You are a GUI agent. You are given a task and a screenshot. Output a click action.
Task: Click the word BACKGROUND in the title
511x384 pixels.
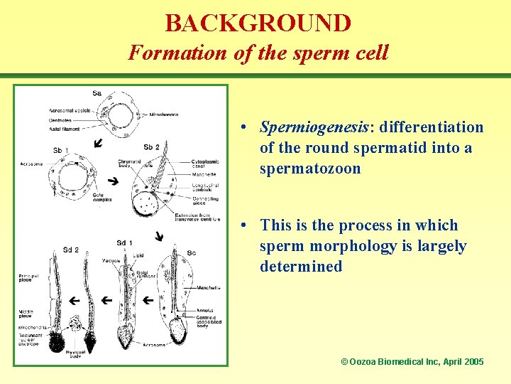click(258, 23)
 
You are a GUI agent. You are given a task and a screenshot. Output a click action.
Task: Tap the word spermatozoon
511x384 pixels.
click(310, 169)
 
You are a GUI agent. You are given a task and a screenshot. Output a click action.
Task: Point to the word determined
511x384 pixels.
click(301, 267)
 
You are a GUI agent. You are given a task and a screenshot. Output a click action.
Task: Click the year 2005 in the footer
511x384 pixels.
click(473, 362)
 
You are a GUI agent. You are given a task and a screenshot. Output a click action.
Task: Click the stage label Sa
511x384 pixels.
click(97, 93)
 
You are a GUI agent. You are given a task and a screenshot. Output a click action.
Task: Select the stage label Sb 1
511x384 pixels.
click(61, 150)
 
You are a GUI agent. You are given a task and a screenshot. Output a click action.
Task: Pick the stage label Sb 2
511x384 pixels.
click(151, 147)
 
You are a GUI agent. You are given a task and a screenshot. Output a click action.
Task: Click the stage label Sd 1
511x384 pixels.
click(124, 243)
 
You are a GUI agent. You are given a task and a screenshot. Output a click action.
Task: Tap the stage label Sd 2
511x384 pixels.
click(70, 250)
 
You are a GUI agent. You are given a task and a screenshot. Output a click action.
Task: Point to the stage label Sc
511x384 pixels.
click(191, 252)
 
